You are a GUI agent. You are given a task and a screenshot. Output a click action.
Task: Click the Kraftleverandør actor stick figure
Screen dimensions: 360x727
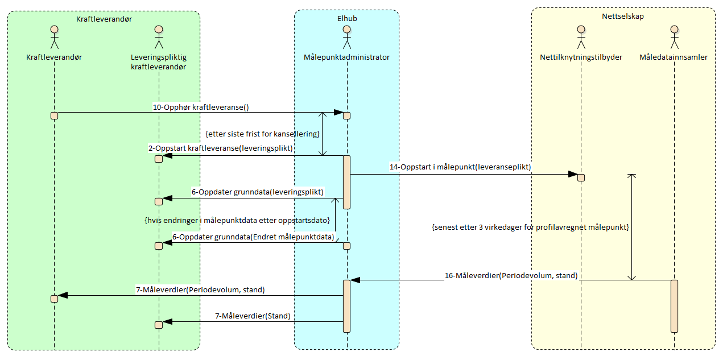[55, 38]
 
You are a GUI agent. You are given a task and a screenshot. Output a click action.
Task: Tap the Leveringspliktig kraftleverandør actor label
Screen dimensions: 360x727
[159, 62]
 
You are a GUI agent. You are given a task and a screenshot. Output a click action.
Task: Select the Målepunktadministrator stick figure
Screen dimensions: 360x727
[346, 38]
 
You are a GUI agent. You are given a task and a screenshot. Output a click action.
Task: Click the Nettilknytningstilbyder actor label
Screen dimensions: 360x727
[581, 57]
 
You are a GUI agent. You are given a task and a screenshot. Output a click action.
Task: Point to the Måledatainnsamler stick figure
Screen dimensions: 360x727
[674, 38]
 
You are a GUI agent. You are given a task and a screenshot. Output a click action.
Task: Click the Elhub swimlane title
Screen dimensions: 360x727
[346, 19]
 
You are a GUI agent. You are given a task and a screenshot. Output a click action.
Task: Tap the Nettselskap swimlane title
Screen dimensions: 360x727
[623, 16]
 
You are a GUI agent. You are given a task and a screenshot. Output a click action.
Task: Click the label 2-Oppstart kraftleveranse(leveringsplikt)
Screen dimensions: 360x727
[221, 148]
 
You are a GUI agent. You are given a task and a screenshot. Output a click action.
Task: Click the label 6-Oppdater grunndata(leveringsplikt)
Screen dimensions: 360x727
[257, 192]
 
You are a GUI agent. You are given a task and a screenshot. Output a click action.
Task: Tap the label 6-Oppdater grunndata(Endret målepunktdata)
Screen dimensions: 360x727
[253, 236]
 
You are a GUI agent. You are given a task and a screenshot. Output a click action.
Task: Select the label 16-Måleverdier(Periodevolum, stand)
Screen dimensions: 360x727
[511, 275]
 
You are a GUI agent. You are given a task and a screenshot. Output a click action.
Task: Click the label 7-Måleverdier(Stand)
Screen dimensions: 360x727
[252, 316]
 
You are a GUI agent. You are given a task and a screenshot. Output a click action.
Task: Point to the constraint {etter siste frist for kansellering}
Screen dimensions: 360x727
[262, 134]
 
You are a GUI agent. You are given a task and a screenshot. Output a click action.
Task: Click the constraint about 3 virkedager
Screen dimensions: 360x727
[530, 227]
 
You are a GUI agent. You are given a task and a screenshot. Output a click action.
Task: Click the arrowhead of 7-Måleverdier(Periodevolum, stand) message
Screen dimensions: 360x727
[63, 295]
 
